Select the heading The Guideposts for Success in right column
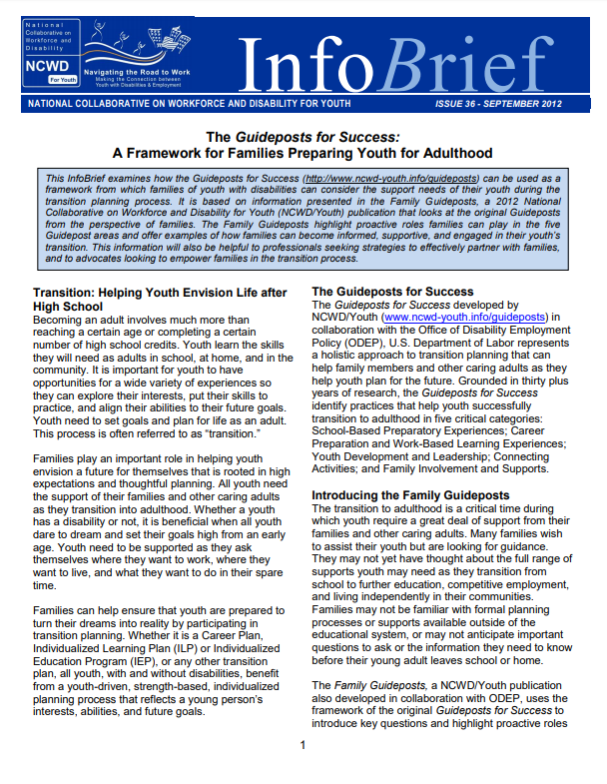(378, 291)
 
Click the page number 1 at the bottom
(303, 744)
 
